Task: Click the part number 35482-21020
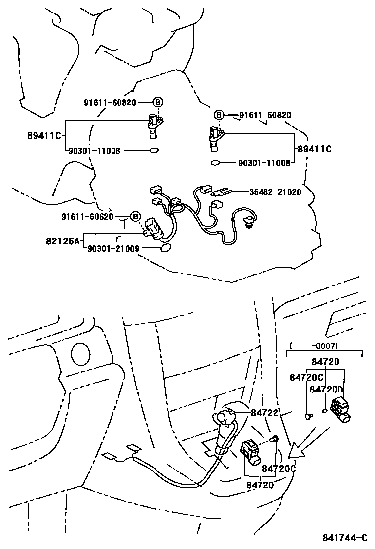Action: pos(275,192)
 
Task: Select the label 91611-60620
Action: pos(87,217)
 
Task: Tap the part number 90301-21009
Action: pos(113,249)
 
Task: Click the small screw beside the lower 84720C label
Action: pos(276,439)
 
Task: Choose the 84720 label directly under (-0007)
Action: pos(325,362)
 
